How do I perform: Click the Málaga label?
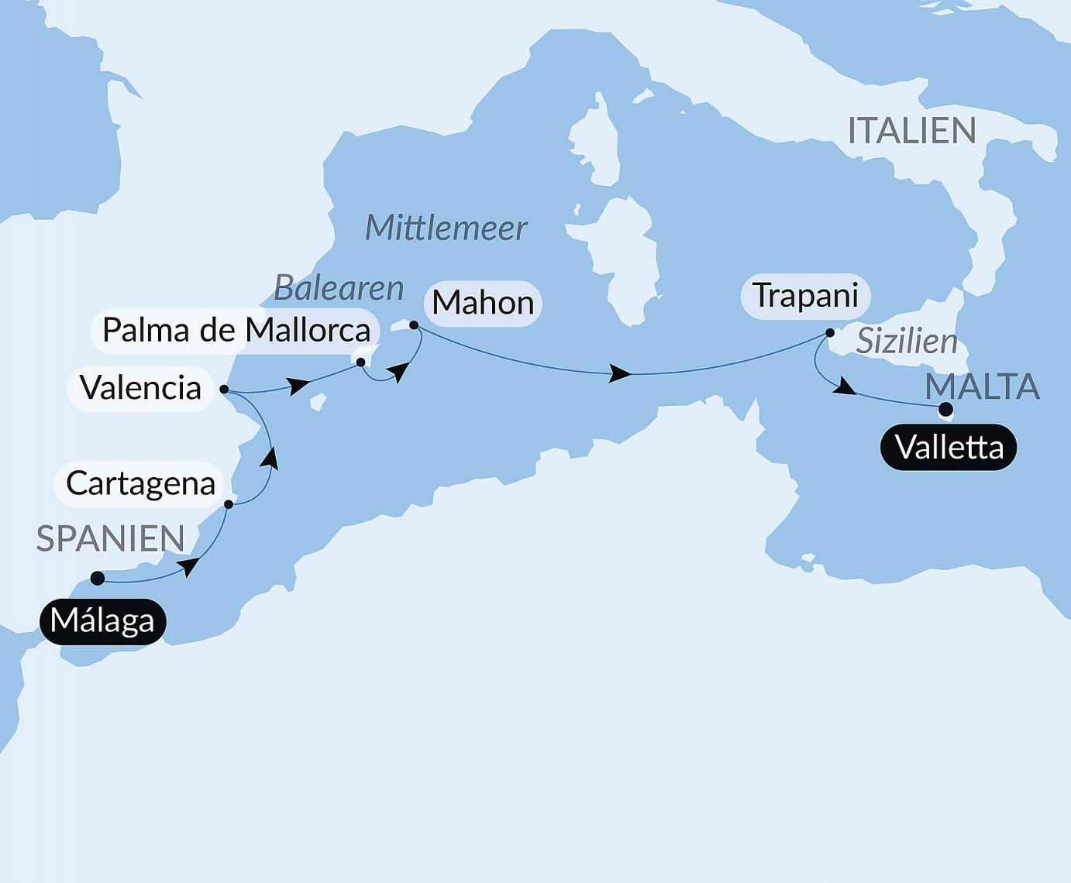point(102,621)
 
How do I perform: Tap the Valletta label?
point(949,448)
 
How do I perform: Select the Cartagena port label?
point(140,484)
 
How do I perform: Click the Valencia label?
point(140,388)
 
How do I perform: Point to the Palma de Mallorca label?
point(236,331)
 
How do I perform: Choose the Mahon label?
point(483,303)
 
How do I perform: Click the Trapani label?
point(805,296)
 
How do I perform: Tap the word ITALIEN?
point(911,131)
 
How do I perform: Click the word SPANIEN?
point(111,538)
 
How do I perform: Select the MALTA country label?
point(982,387)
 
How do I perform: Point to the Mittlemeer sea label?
point(446,228)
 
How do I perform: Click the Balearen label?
point(339,288)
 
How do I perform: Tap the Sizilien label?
point(907,342)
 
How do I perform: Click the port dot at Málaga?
point(98,578)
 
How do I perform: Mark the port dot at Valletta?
point(945,409)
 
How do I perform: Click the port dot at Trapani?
point(830,333)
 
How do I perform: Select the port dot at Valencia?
point(224,389)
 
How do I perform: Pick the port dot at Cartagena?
point(229,504)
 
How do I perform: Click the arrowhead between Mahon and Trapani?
point(621,374)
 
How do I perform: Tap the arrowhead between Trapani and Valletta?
point(845,389)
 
